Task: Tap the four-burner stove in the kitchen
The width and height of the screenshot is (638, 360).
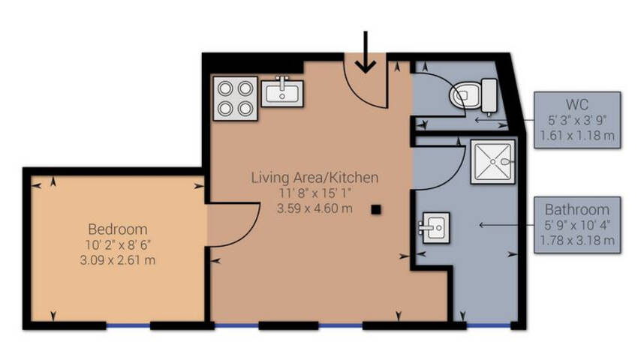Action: pyautogui.click(x=235, y=98)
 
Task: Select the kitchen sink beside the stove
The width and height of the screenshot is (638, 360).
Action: pyautogui.click(x=282, y=92)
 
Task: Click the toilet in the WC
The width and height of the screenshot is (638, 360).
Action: pyautogui.click(x=474, y=96)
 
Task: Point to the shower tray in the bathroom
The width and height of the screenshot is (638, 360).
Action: pyautogui.click(x=493, y=161)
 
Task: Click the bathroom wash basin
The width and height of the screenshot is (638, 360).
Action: pyautogui.click(x=435, y=227)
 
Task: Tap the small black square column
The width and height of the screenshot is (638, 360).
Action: pyautogui.click(x=376, y=209)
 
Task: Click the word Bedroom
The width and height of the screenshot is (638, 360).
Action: pyautogui.click(x=118, y=229)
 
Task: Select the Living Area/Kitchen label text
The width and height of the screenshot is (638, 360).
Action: pyautogui.click(x=314, y=177)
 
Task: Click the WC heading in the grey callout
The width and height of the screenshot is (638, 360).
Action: pyautogui.click(x=577, y=104)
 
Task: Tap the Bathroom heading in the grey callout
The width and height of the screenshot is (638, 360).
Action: pyautogui.click(x=577, y=209)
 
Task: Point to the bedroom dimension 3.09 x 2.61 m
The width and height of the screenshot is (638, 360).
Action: pyautogui.click(x=118, y=260)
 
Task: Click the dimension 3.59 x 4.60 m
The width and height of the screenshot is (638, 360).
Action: pyautogui.click(x=314, y=208)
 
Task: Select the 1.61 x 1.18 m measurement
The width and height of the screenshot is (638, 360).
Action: pyautogui.click(x=577, y=136)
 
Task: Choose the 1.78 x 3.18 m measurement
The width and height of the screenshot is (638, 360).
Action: pyautogui.click(x=577, y=241)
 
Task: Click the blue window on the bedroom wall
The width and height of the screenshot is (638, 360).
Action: pyautogui.click(x=128, y=325)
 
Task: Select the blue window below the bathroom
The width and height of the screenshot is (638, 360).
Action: pyautogui.click(x=489, y=325)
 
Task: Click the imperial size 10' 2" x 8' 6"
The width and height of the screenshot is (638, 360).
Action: pyautogui.click(x=118, y=244)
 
